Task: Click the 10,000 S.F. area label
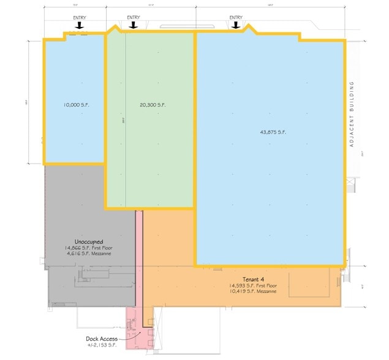click(75, 105)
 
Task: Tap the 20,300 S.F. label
click(153, 105)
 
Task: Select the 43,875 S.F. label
click(274, 132)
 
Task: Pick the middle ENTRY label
click(133, 18)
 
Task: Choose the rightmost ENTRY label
click(236, 18)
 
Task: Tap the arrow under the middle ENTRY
click(133, 26)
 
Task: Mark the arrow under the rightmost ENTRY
click(236, 26)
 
